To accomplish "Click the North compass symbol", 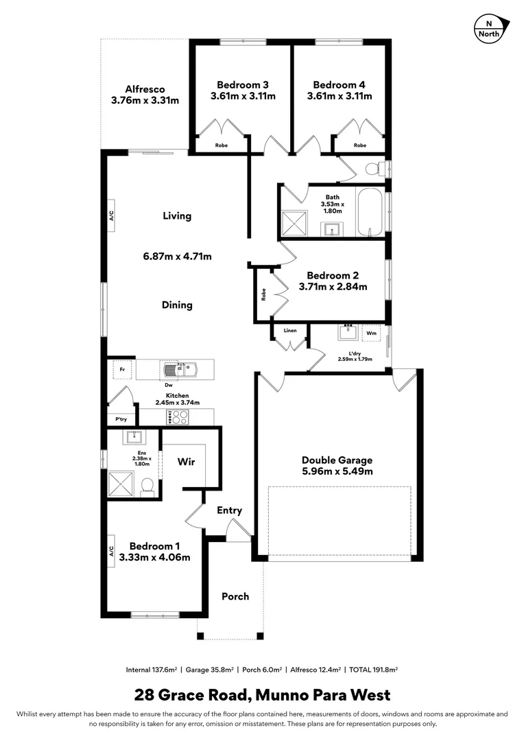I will pos(489,30).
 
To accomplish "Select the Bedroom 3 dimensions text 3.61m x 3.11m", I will pos(243,96).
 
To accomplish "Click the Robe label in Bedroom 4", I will pos(359,145).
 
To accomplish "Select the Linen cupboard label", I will pos(290,331).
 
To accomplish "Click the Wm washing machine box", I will pos(371,333).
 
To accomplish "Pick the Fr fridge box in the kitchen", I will pos(122,369).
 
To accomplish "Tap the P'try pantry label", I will pos(121,419).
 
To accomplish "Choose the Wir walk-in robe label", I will pos(186,462).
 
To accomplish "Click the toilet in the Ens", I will pos(146,486).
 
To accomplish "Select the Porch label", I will pos(235,596).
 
